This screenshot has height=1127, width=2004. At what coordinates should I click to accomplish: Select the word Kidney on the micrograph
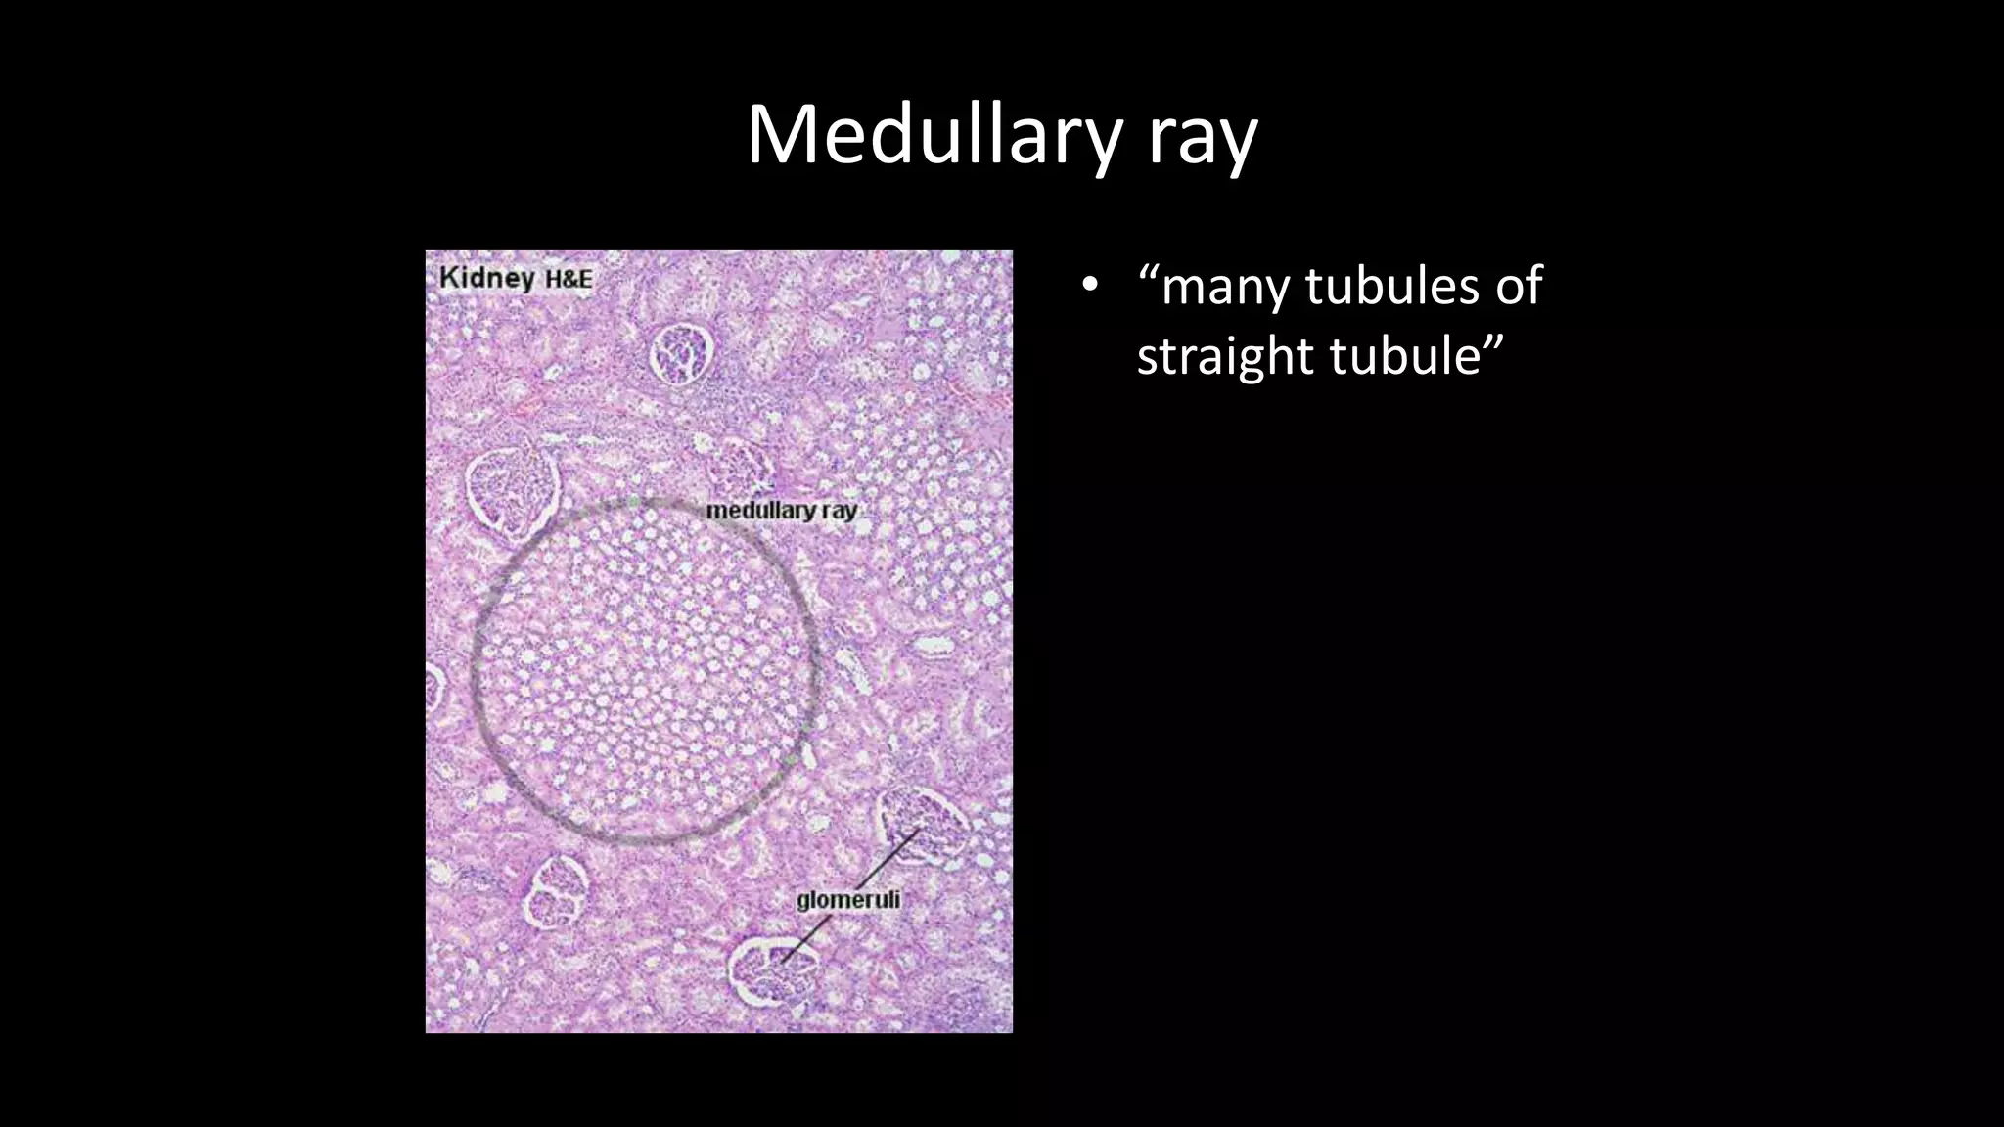pyautogui.click(x=487, y=278)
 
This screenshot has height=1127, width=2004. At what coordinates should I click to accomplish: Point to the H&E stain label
pyautogui.click(x=569, y=280)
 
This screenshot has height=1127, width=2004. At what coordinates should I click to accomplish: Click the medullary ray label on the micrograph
pyautogui.click(x=781, y=511)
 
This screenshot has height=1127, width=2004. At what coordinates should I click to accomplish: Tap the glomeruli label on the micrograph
pyautogui.click(x=847, y=900)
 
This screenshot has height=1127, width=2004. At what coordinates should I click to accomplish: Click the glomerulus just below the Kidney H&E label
pyautogui.click(x=682, y=354)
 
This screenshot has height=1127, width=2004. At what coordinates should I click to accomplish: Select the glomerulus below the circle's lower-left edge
pyautogui.click(x=557, y=891)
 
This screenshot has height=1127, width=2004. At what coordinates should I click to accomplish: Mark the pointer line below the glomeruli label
pyautogui.click(x=802, y=939)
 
